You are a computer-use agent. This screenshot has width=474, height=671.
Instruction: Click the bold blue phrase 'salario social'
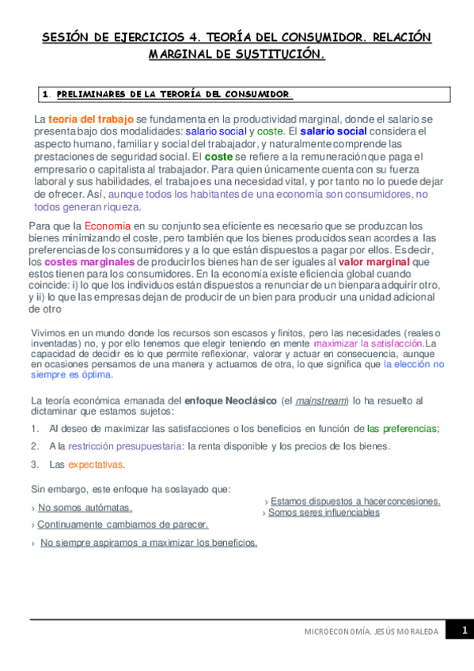click(x=333, y=131)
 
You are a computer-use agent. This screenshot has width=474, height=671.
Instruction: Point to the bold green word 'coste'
click(x=218, y=157)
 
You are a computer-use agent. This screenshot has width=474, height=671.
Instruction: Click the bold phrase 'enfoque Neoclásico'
click(x=230, y=401)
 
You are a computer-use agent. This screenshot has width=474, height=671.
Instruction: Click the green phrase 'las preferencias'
click(x=402, y=429)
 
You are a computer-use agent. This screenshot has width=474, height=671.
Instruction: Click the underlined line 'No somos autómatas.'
click(x=85, y=507)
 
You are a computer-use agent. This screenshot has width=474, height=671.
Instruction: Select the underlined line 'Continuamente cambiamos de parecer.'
click(x=123, y=525)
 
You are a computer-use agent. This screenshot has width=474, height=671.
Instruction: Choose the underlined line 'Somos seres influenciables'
click(x=324, y=513)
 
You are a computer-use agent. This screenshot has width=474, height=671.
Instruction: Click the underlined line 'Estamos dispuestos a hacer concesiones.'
click(x=355, y=502)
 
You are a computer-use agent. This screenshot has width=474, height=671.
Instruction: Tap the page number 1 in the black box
click(x=465, y=630)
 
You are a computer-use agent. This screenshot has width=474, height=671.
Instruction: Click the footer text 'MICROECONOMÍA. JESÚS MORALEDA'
click(x=371, y=632)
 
